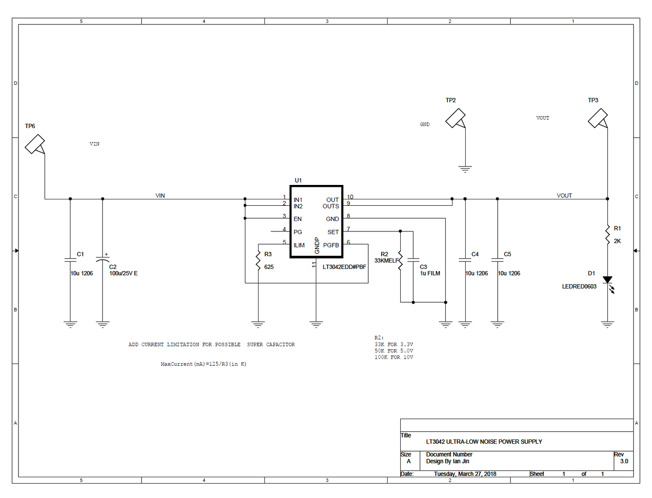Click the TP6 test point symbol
pos(35,144)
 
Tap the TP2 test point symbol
pos(455,118)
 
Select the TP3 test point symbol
pos(598,118)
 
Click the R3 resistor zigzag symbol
pos(258,261)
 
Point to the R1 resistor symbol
pos(607,235)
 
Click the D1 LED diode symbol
pos(608,281)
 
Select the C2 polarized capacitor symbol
pos(103,260)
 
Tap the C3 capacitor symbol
pos(413,260)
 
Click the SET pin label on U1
pos(333,232)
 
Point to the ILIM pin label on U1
pos(299,245)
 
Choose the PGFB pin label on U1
pos(331,245)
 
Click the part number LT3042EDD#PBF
pos(344,267)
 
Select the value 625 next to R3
pos(269,267)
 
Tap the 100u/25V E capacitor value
pos(124,273)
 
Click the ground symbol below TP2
pos(465,169)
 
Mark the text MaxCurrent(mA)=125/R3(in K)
pos(203,364)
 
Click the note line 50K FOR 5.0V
pos(393,351)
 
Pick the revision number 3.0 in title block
pos(624,461)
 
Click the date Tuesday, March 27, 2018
pos(465,474)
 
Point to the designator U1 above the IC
pos(298,180)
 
